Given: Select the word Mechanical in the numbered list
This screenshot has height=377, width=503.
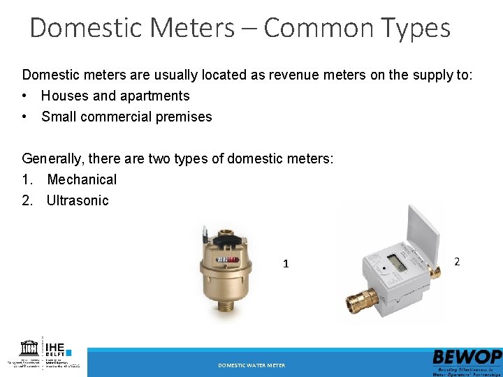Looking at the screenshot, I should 82,179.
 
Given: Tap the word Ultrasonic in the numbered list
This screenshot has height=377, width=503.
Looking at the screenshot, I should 78,200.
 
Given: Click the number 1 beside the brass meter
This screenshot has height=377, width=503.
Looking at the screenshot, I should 286,264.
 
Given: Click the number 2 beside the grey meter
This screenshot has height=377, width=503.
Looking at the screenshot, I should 457,261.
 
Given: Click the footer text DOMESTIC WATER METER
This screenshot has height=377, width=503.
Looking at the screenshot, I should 251,365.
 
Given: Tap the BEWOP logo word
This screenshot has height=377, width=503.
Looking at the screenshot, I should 467,356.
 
